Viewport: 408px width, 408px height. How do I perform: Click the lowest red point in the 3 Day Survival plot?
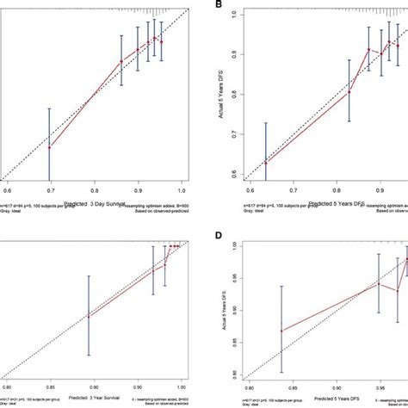[x=50, y=147]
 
